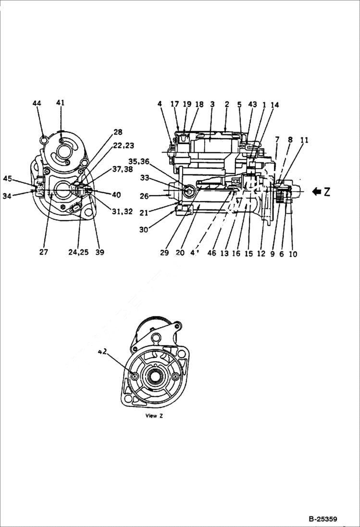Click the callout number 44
click(37, 103)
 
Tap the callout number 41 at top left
click(60, 102)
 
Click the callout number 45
click(7, 179)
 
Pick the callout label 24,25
click(78, 252)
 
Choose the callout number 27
click(43, 252)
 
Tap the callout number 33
click(145, 178)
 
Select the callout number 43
click(253, 104)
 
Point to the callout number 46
click(211, 254)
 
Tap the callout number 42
click(102, 352)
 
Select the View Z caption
click(154, 416)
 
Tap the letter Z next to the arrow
click(327, 192)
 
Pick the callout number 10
click(293, 254)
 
